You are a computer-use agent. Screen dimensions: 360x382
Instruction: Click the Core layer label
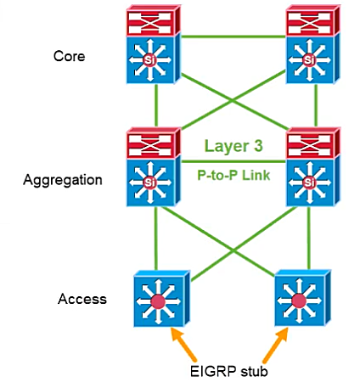(69, 56)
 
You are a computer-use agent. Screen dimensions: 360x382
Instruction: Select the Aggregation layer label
(63, 180)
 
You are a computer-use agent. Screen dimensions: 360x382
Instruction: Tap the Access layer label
(82, 299)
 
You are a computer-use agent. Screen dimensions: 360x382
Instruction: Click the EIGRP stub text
(229, 371)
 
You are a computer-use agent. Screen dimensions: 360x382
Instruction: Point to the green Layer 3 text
(233, 146)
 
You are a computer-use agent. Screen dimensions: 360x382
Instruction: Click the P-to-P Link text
(233, 175)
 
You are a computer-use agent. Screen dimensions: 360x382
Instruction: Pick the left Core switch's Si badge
(149, 60)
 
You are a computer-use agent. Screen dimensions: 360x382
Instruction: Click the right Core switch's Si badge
(309, 60)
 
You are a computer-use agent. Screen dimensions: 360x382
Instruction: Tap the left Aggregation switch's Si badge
(149, 183)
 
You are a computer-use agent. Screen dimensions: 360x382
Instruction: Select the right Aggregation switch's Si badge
(309, 183)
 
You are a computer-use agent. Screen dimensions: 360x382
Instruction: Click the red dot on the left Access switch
(158, 301)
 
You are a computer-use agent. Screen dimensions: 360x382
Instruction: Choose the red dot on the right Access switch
(299, 301)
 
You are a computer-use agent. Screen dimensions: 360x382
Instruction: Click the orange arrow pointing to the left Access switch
(183, 345)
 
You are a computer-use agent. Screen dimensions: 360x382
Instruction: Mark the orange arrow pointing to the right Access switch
(276, 345)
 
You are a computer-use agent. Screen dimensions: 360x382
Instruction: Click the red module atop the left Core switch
(154, 20)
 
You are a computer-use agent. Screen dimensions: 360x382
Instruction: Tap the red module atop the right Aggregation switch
(312, 143)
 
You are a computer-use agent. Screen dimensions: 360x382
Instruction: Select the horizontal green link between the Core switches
(233, 37)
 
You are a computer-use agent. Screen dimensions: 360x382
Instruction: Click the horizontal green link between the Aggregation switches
(233, 161)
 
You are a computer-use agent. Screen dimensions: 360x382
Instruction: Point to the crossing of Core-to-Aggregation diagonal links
(233, 101)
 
